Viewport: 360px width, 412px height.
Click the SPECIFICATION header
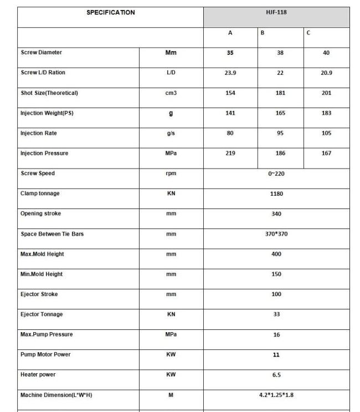[x=110, y=13]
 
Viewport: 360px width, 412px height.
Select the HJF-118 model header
[x=276, y=12]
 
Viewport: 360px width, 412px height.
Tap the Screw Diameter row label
[x=42, y=53]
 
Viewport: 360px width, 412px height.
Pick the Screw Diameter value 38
[x=280, y=53]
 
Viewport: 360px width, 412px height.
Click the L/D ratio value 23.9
[x=230, y=73]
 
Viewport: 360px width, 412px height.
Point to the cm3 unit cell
[x=171, y=93]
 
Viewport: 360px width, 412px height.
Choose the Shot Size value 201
[x=326, y=93]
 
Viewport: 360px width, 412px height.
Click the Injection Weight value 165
[x=280, y=113]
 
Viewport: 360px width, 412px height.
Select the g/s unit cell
[x=171, y=134]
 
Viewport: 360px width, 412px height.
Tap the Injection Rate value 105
[x=326, y=134]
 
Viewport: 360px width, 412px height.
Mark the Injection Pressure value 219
[x=230, y=154]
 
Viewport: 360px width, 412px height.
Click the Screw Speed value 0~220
[x=276, y=174]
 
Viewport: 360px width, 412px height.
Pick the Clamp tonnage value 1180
[x=276, y=194]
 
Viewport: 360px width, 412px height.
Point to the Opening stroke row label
[x=41, y=214]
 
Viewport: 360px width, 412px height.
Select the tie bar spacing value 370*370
[x=276, y=234]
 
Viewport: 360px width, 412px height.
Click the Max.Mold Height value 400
[x=276, y=254]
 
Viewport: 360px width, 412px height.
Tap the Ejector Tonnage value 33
[x=276, y=314]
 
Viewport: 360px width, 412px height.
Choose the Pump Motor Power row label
[x=45, y=355]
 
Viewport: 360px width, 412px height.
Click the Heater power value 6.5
[x=276, y=375]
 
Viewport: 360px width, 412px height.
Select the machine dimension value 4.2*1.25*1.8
[x=276, y=395]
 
